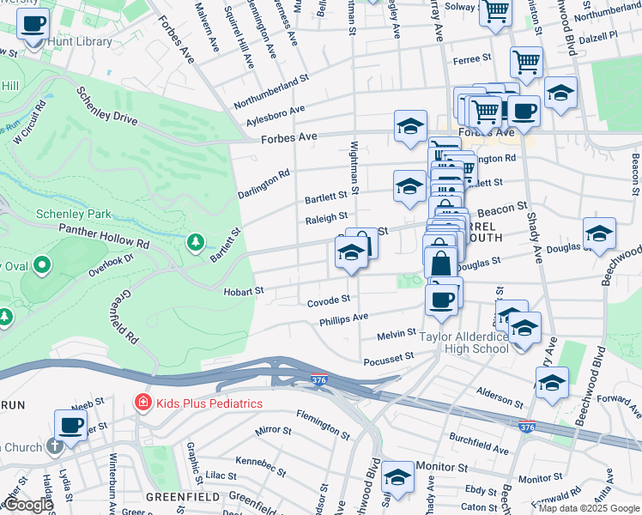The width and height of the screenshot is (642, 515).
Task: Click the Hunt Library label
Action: click(x=82, y=41)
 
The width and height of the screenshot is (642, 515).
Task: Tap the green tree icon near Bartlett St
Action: click(x=197, y=242)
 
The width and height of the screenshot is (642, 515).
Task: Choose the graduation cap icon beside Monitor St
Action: click(x=398, y=476)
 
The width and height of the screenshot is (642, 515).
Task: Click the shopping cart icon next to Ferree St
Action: click(x=526, y=62)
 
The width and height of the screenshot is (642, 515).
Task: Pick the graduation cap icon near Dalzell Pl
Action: click(x=560, y=93)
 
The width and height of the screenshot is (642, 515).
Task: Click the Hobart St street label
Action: click(x=244, y=292)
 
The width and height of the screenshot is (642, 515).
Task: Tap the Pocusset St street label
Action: click(x=389, y=357)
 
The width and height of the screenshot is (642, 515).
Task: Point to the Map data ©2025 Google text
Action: click(x=589, y=508)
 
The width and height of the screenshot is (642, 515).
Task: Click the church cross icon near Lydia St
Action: click(x=55, y=445)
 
